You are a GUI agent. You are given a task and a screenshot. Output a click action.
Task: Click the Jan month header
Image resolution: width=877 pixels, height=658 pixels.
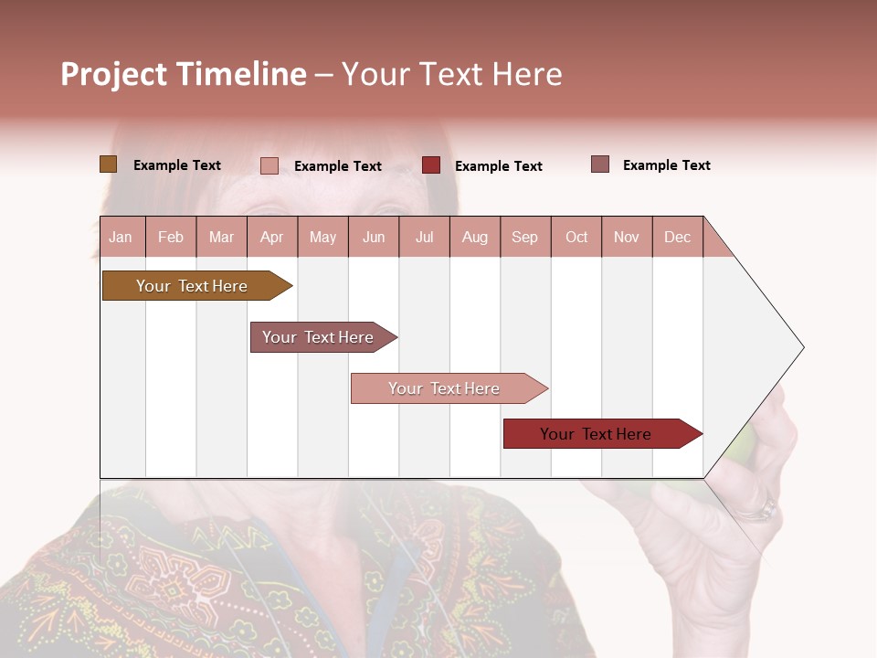[x=122, y=237]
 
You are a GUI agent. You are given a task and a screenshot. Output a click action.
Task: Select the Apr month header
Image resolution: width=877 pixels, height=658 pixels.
[x=272, y=237]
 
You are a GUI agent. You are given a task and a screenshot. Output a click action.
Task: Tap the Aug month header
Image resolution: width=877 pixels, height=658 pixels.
[x=475, y=237]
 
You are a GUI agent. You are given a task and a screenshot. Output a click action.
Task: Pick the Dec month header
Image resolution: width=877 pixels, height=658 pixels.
[x=677, y=237]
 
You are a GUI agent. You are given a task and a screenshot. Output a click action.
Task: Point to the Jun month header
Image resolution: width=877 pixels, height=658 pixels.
[x=374, y=237]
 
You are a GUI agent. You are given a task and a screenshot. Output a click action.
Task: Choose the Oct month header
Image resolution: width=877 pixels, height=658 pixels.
[x=576, y=237]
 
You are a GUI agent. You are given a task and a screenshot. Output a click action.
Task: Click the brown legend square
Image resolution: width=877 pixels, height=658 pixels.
[x=108, y=164]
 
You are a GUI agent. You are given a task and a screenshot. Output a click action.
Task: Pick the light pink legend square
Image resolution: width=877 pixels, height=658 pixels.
[x=269, y=165]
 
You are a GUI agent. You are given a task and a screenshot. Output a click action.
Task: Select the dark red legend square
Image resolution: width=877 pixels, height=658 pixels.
[x=431, y=165]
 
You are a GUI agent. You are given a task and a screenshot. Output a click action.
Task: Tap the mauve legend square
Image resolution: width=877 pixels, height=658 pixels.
[x=600, y=164]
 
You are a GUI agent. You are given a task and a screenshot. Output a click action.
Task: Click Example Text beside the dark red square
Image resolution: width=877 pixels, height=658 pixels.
[x=498, y=166]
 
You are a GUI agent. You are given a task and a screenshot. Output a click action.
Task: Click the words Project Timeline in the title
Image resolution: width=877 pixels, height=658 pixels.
[x=183, y=74]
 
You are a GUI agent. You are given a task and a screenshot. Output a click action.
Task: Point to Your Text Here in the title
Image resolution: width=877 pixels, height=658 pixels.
[x=452, y=74]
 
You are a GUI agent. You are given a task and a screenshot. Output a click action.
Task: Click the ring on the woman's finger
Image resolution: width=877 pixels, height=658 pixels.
[x=764, y=510]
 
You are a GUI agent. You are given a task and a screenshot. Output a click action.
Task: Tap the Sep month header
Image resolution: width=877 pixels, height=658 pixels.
[x=524, y=237]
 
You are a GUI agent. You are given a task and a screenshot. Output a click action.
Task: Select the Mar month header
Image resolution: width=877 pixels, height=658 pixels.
[x=221, y=237]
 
